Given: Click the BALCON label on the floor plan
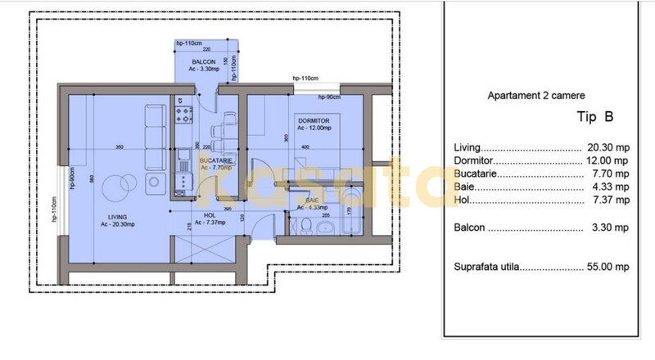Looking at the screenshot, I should point(204,62).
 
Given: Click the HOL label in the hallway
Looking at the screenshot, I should point(198,217).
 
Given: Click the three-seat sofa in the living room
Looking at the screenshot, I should point(155,137).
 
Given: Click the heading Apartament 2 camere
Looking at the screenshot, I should point(535,95).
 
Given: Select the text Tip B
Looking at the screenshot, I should point(596,117).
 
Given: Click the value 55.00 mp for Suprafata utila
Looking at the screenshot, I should point(608,267).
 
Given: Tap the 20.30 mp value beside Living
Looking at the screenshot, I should point(608,147).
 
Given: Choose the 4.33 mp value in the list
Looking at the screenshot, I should point(610,187).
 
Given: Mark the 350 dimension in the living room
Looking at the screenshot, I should point(119,147).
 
